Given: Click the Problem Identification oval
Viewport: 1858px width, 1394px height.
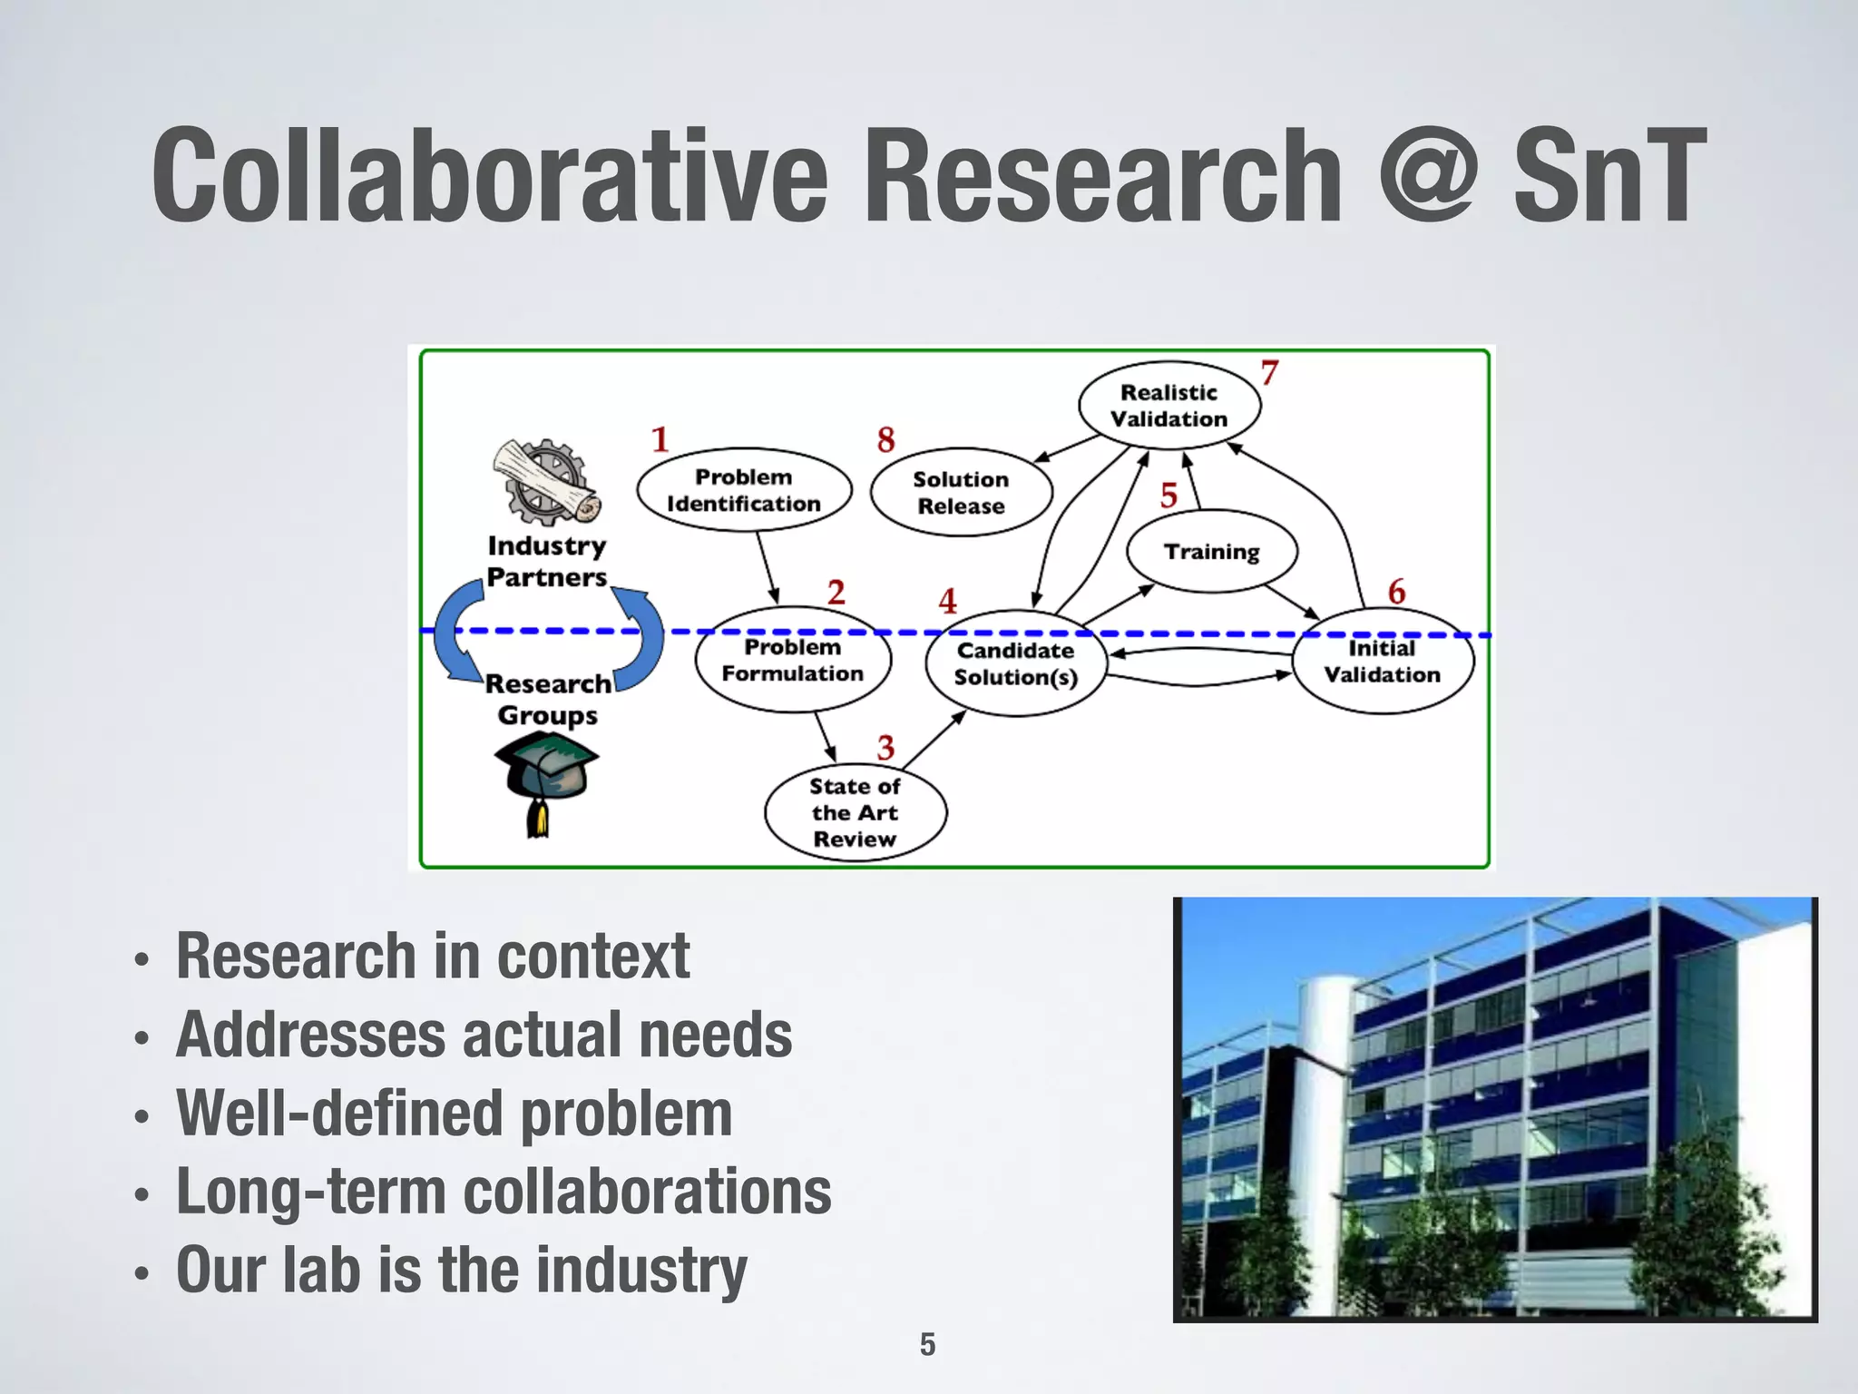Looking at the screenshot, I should pos(744,490).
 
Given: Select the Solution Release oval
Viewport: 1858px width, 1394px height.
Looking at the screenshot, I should pos(961,492).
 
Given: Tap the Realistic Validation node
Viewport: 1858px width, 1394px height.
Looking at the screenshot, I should pos(1169,406).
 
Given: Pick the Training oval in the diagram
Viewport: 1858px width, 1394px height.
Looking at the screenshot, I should pos(1211,551).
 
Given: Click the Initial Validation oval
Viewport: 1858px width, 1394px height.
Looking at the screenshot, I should pos(1382,661).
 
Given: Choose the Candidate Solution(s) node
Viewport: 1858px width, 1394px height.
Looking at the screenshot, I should pos(1015,663).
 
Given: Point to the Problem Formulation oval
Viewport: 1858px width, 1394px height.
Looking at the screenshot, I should pos(793,660).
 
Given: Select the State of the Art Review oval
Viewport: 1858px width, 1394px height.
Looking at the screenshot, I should pos(855,812).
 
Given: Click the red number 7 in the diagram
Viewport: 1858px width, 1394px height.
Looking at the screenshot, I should pos(1269,373).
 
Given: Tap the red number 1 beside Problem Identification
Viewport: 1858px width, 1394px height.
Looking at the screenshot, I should pos(660,440).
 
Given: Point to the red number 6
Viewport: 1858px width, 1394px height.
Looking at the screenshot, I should pos(1396,592).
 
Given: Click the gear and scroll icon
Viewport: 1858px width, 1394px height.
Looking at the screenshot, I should pos(547,483).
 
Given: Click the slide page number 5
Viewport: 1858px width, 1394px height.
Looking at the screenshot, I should pos(927,1344).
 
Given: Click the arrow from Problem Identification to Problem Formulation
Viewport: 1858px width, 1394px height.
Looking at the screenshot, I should pos(768,567).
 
